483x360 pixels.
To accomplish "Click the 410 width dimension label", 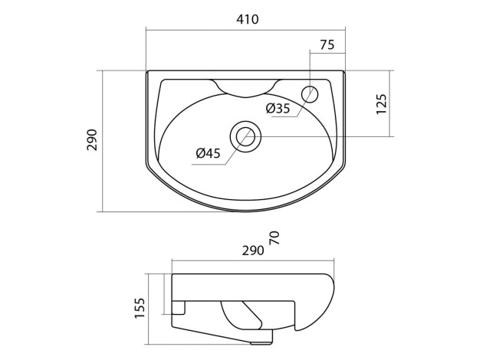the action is [248, 19].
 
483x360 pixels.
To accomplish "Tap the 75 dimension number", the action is [327, 45].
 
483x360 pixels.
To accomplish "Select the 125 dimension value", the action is [381, 104].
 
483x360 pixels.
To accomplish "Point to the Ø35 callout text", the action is [278, 108].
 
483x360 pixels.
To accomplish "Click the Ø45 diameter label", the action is [209, 153].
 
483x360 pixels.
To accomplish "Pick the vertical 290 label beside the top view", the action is [92, 140].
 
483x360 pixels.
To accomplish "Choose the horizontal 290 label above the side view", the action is [253, 250].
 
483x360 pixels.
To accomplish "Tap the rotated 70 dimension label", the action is [274, 237].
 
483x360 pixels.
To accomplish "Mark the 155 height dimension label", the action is [140, 308].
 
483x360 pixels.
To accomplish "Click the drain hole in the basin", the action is [246, 136].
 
